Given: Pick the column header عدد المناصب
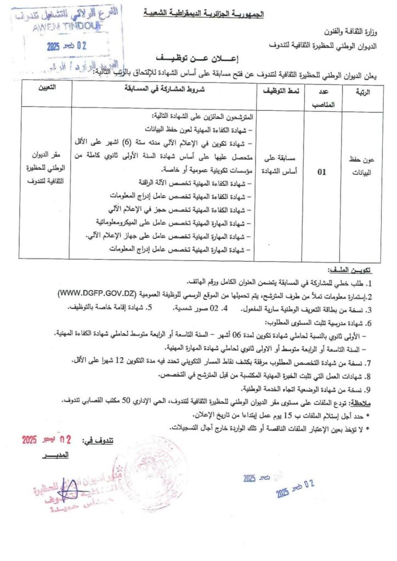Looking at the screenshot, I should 321,96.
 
